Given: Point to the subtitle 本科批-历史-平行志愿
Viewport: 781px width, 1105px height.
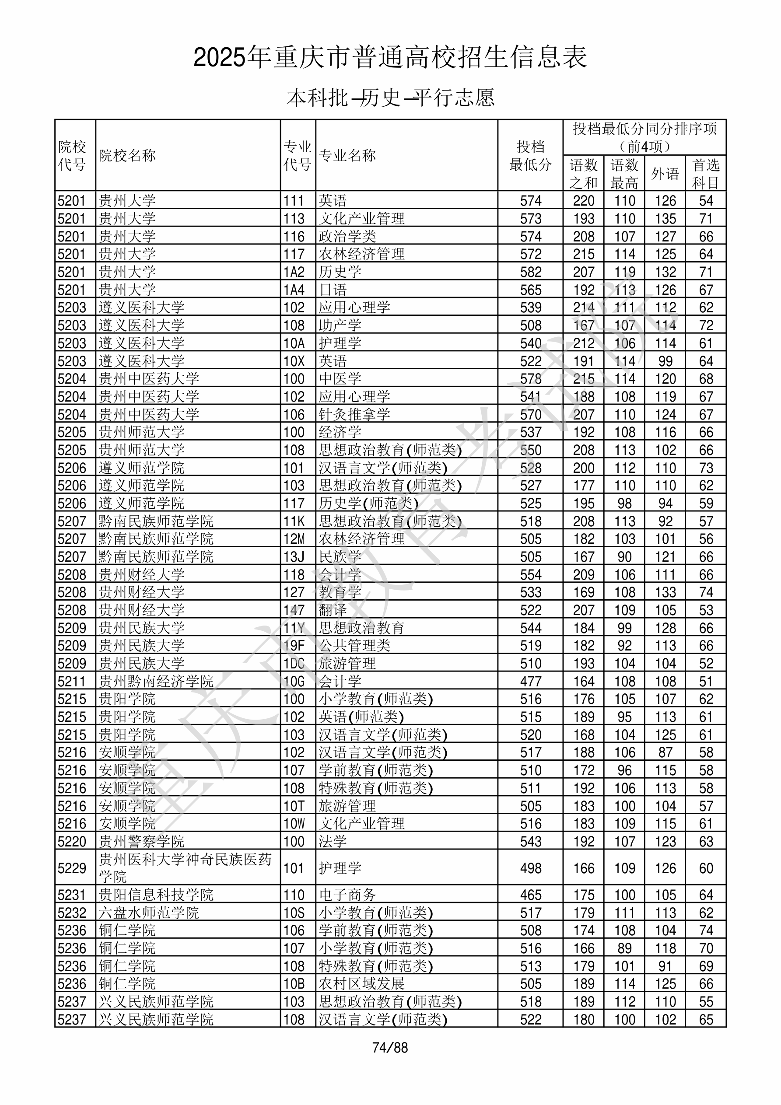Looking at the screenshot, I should [x=390, y=98].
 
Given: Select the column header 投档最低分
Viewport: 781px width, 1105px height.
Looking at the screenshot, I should [x=530, y=155].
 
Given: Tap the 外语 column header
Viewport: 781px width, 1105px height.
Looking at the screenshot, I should [x=665, y=173].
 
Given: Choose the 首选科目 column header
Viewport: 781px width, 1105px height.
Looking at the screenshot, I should [x=705, y=173].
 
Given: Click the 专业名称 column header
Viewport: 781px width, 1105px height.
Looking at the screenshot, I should [x=347, y=155].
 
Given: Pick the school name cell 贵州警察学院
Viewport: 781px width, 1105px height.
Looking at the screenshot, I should [x=142, y=841].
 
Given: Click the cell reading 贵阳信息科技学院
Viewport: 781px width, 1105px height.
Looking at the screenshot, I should [x=156, y=895].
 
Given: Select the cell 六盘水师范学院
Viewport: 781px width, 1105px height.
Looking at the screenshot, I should [x=149, y=913].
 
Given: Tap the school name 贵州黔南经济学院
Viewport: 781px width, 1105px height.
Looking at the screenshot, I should [x=156, y=681].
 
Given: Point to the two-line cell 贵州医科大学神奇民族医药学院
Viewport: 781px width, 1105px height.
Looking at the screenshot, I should [x=185, y=868].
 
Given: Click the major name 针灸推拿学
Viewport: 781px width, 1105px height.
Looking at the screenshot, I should [x=354, y=414].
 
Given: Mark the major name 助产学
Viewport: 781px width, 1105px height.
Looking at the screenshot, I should [x=340, y=325].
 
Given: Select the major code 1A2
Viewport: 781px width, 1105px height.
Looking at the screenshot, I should [x=294, y=272].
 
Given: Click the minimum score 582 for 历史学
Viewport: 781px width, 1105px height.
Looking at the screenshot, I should [x=531, y=272].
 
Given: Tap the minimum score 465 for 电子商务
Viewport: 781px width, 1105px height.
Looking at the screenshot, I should [x=531, y=895].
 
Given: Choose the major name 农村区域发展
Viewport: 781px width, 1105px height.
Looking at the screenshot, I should [x=361, y=984].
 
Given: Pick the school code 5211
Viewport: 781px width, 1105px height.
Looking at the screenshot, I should [x=71, y=681].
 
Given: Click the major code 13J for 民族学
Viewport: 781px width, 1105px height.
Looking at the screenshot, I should [x=294, y=557].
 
